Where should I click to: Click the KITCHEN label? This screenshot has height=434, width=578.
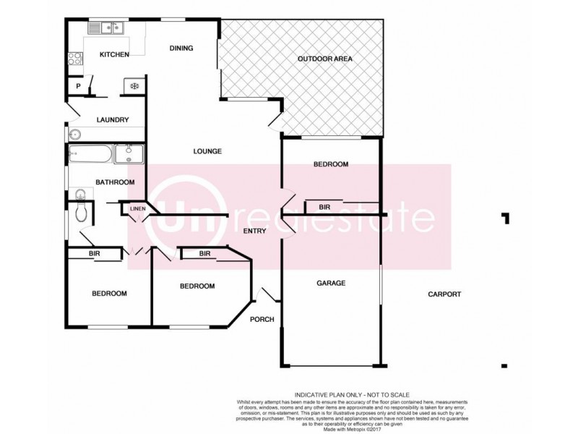point(114,55)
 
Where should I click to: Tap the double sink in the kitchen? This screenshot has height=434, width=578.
point(107,28)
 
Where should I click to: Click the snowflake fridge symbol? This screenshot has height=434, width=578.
point(134,85)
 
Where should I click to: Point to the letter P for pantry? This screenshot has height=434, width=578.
point(77,86)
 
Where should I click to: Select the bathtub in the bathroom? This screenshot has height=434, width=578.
point(90,153)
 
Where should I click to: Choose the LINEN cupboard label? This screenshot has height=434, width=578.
point(137,209)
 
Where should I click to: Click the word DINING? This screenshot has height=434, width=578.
point(181,48)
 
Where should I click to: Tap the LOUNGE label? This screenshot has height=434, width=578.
point(207,151)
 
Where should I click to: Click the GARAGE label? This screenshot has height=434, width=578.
point(331,283)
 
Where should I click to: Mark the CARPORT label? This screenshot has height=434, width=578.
point(444,294)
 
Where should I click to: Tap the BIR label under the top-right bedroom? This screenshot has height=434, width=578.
point(324,208)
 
